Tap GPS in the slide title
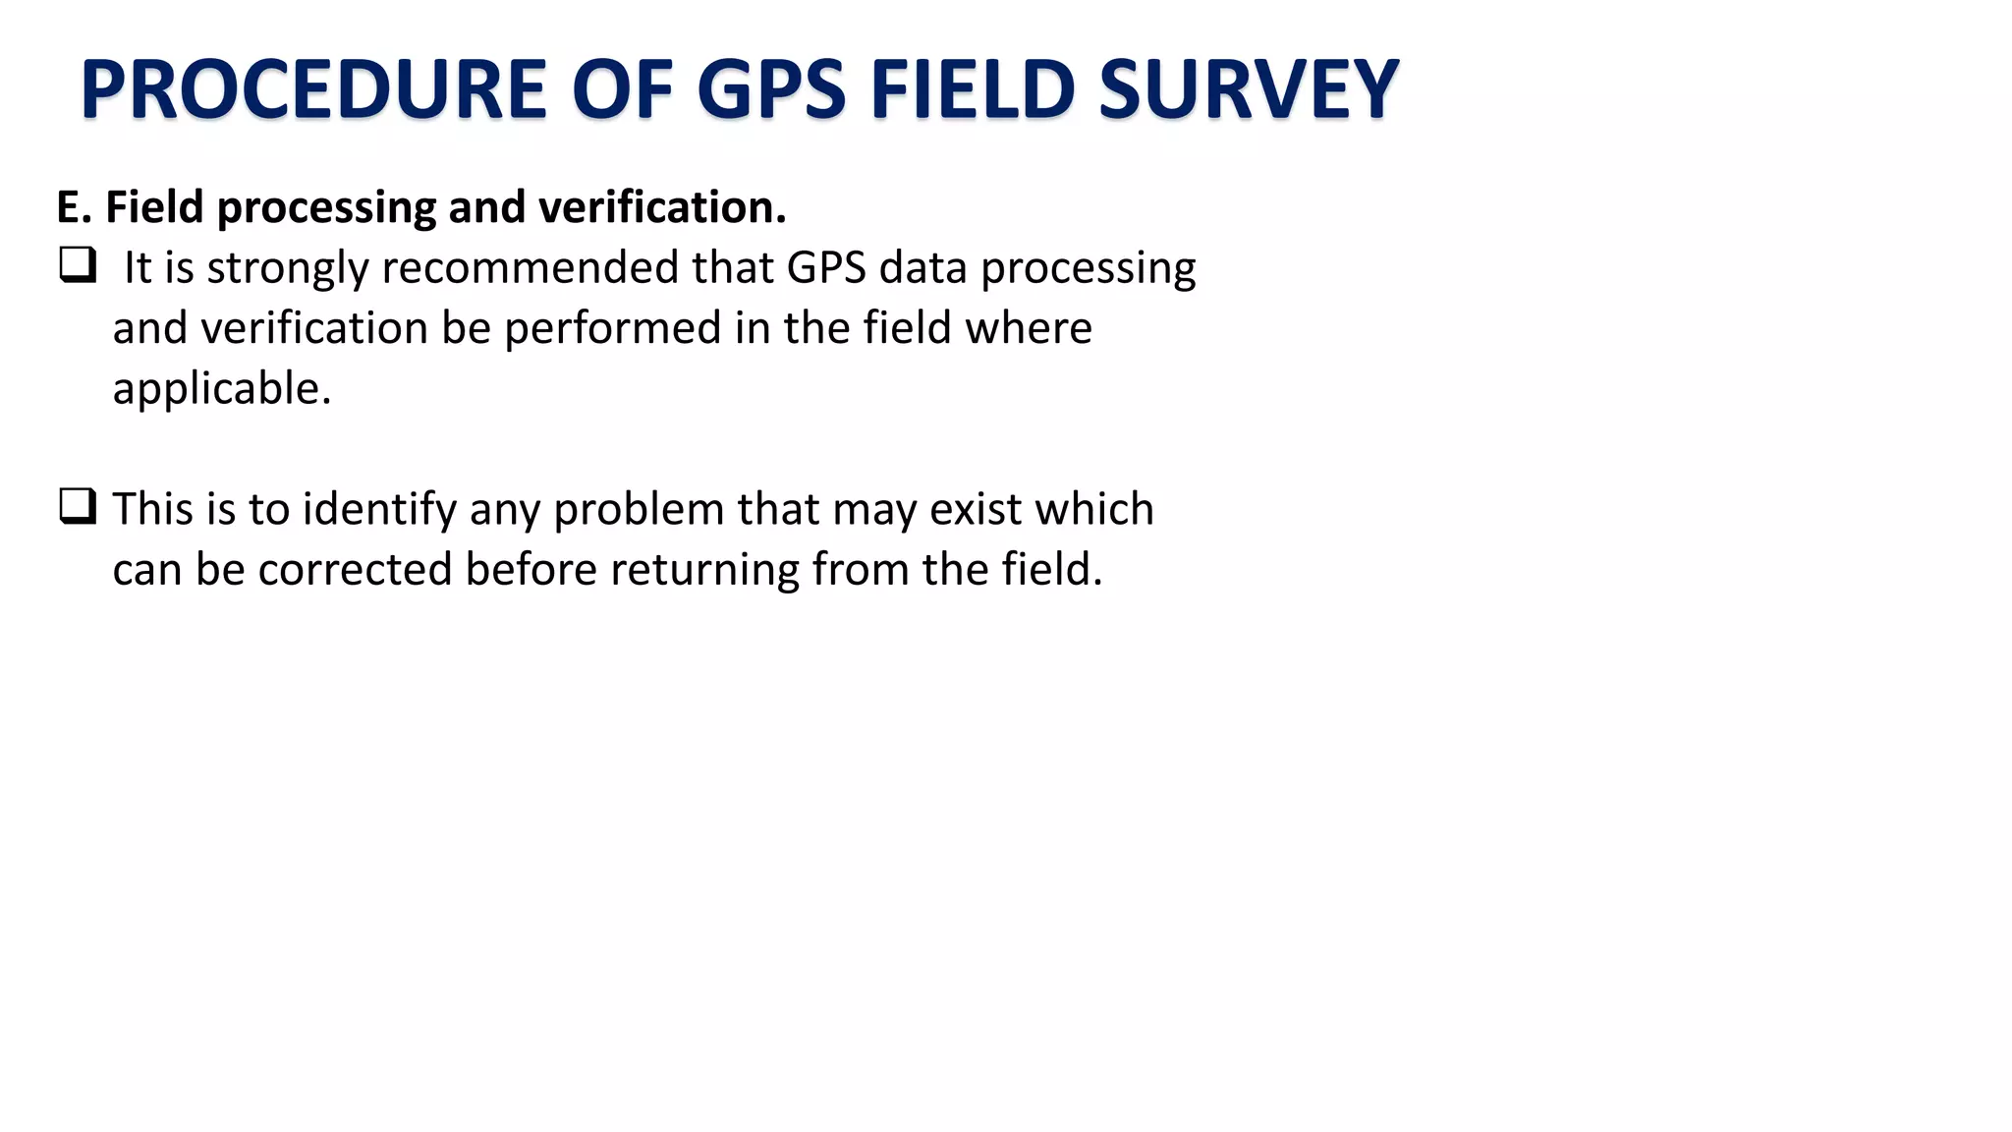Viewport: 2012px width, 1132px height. pos(771,89)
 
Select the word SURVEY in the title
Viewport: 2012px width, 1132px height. pos(1248,89)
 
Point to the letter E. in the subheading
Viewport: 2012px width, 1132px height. pos(74,207)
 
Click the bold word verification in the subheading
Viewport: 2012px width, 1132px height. pos(662,207)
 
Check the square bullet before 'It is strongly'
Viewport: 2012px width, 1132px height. pos(78,265)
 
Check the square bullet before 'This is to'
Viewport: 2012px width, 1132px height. pos(78,506)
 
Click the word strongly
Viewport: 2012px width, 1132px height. pos(287,269)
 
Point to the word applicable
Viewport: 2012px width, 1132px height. pos(222,389)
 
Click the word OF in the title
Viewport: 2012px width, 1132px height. pos(621,89)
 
